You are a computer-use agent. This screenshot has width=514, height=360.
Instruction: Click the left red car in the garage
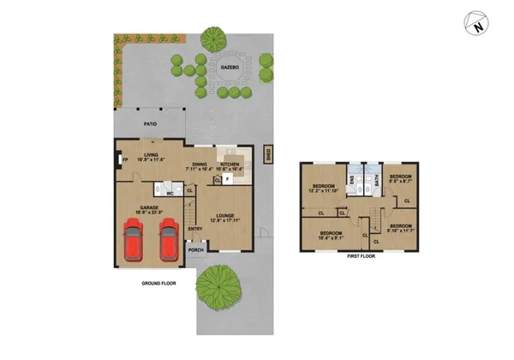134,243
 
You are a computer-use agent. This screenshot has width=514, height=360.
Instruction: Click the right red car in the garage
170,243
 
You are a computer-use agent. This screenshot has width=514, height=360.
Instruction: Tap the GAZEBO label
229,67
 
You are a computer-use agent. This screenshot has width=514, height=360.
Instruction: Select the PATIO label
150,124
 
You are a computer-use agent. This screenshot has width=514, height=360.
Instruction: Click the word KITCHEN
230,164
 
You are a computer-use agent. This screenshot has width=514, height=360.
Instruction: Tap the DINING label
200,164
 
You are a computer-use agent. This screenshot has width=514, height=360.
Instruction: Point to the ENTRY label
195,228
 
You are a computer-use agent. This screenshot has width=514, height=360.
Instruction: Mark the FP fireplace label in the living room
125,159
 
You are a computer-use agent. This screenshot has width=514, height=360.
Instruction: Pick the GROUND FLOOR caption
158,281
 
